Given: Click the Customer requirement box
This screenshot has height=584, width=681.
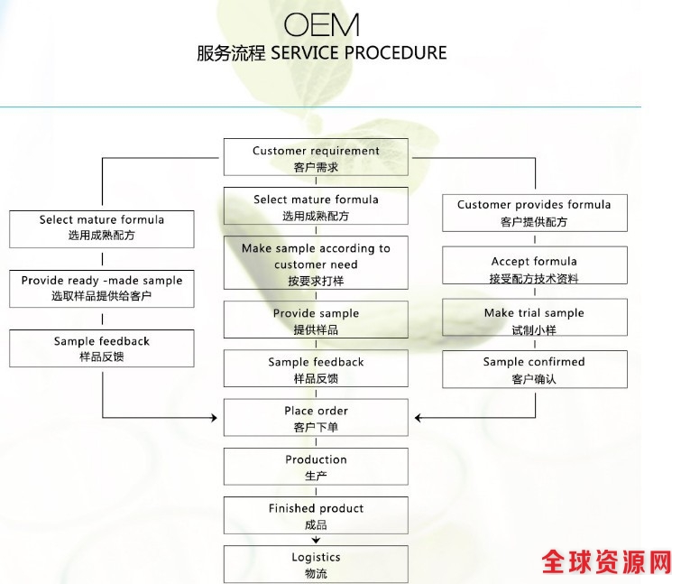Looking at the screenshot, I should click(x=316, y=157).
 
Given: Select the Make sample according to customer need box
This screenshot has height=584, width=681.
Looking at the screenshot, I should click(x=316, y=263).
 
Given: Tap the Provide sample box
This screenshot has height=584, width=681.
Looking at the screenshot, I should click(x=316, y=320).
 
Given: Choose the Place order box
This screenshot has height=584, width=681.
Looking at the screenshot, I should click(x=316, y=418).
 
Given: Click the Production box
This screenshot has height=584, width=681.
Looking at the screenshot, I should click(x=316, y=467).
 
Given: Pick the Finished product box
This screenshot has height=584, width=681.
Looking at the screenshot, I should click(x=316, y=515).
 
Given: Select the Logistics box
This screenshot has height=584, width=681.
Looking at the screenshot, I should click(x=316, y=564).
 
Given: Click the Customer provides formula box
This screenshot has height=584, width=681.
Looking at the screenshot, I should click(x=534, y=212).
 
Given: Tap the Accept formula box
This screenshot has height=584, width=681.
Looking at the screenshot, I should click(x=534, y=269).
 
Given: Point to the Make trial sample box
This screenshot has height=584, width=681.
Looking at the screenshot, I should click(x=534, y=320).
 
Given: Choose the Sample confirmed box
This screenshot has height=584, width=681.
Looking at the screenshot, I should click(x=534, y=369).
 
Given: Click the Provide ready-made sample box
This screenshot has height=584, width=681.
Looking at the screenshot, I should click(x=102, y=287).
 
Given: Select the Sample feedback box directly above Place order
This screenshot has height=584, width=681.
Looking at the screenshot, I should click(x=316, y=369).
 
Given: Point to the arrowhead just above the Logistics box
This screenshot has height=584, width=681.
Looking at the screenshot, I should click(x=316, y=540).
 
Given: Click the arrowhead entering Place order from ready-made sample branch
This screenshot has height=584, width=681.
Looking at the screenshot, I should click(x=215, y=418).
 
